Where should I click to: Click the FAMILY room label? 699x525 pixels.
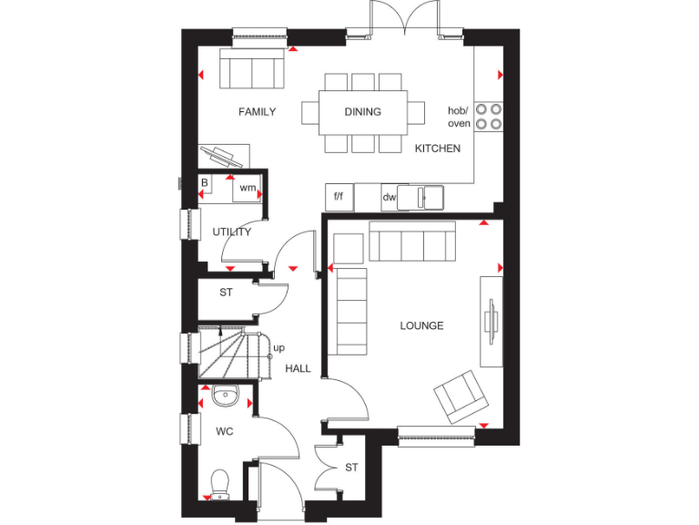click(x=257, y=112)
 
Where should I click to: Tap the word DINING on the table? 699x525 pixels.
click(x=362, y=112)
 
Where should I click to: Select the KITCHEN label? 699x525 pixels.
click(x=438, y=149)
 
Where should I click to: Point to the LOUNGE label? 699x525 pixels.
click(x=421, y=325)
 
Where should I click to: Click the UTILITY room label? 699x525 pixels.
click(x=232, y=232)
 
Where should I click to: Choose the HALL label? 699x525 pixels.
click(x=298, y=369)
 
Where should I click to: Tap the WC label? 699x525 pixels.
click(x=224, y=431)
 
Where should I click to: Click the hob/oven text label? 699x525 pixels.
click(x=460, y=117)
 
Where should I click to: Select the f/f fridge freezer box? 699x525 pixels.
click(x=339, y=196)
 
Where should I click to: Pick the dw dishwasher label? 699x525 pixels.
click(x=389, y=197)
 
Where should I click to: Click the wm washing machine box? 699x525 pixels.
click(x=248, y=188)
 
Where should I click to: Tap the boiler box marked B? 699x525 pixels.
click(x=205, y=183)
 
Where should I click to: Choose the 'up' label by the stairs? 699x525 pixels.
click(x=279, y=348)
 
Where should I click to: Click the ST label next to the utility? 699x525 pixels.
click(x=226, y=293)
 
